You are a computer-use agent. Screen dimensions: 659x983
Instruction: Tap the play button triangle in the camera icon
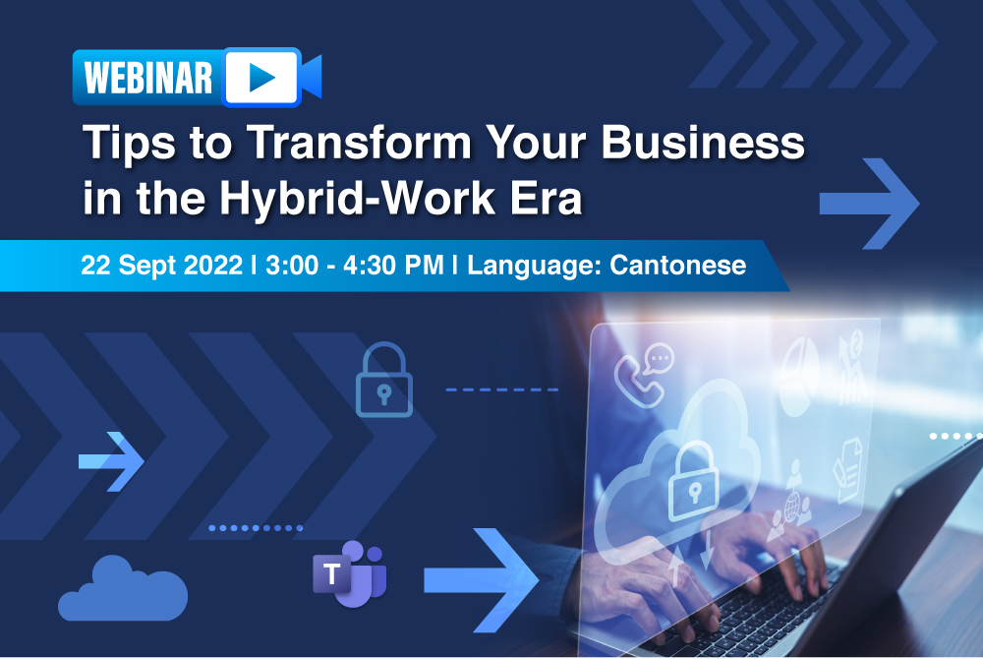tap(260, 76)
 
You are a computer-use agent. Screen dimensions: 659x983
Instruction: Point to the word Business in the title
tap(703, 145)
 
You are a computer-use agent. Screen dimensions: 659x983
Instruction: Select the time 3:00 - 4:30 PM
tap(359, 265)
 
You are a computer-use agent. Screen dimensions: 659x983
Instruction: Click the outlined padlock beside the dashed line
tap(383, 379)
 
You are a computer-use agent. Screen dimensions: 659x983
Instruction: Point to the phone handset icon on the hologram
tap(640, 371)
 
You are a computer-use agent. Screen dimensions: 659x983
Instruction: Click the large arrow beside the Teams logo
tap(482, 579)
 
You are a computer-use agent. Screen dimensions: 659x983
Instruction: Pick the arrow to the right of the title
tap(869, 201)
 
